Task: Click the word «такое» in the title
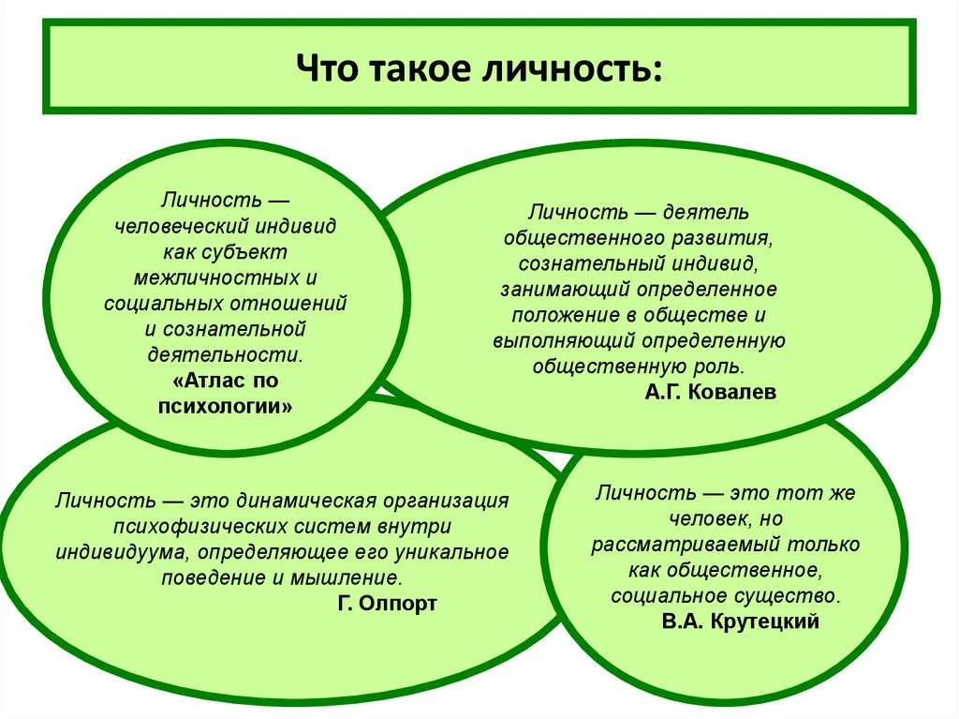pos(421,67)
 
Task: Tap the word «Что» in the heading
pos(327,67)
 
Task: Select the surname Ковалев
pos(732,391)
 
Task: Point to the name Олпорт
pos(397,604)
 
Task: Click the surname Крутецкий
pos(764,621)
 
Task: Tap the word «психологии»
pos(225,407)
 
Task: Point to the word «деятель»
pos(706,212)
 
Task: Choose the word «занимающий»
pos(565,290)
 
